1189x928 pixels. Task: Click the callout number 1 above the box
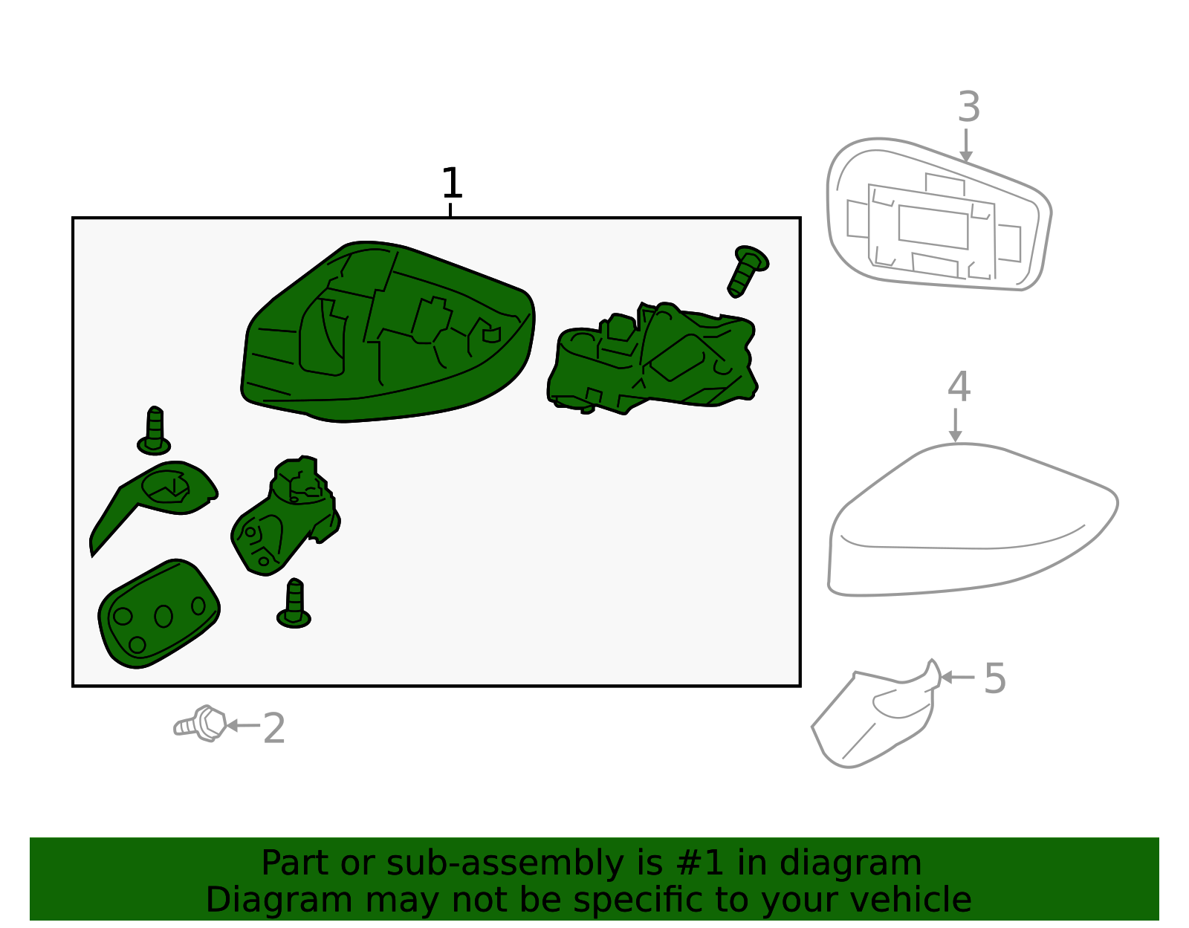[452, 184]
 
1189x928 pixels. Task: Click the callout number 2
[274, 728]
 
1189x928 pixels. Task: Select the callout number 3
[969, 107]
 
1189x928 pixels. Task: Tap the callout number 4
[959, 386]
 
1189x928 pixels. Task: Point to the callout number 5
[995, 678]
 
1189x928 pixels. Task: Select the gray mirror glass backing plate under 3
[939, 214]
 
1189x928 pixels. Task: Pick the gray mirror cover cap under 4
[972, 520]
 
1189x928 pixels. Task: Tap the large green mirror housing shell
[387, 331]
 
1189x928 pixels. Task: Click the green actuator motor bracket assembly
[652, 358]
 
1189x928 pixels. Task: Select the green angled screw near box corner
[748, 270]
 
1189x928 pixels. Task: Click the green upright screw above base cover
[155, 432]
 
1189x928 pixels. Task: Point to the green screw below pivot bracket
[294, 603]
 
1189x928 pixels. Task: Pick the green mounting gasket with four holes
[159, 614]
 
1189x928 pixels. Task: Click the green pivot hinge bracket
[285, 516]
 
